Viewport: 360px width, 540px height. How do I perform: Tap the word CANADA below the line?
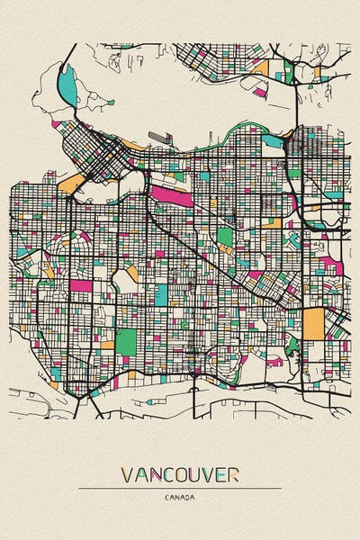(180, 497)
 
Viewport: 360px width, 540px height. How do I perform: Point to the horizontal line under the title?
(180, 488)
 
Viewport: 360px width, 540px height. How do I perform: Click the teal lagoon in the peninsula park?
(67, 85)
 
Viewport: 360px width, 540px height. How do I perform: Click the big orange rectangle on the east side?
(312, 323)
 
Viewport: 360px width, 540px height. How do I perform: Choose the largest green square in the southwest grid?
(126, 342)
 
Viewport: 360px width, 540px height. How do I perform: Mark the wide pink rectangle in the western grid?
(81, 285)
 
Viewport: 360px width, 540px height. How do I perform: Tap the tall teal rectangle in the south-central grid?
(161, 294)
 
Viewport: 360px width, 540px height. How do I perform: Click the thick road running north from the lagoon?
(65, 54)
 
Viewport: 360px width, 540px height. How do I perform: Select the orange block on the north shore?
(261, 67)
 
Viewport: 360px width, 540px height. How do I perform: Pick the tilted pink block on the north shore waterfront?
(259, 91)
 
